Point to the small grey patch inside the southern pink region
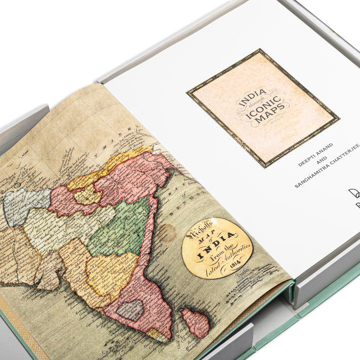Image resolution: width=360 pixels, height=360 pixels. point(131,310)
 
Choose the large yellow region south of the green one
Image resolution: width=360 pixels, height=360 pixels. point(110,272)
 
